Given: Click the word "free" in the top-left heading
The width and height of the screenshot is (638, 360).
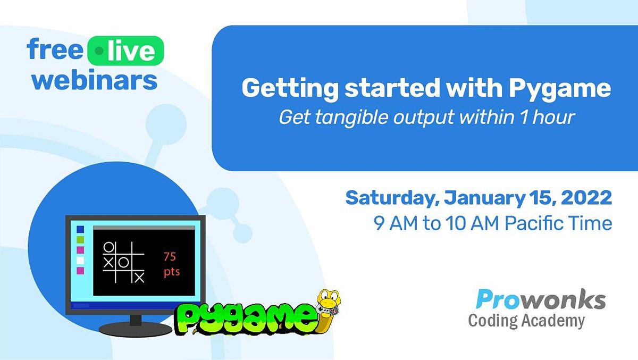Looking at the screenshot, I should click(55, 51).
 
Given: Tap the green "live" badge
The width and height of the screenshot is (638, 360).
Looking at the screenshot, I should click(126, 51).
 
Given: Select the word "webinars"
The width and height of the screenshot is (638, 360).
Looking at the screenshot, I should click(95, 80).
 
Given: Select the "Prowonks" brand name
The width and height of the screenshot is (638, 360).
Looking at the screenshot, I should click(541, 300).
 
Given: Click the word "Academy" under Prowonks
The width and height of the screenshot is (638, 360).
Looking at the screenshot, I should click(556, 321).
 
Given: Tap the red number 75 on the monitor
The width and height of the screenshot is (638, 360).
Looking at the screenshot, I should click(170, 257).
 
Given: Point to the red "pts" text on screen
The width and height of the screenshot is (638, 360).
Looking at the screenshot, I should click(171, 272).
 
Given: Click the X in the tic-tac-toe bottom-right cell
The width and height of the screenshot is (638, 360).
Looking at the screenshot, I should click(139, 277).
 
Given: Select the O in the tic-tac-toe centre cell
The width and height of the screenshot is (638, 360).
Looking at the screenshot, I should click(123, 262).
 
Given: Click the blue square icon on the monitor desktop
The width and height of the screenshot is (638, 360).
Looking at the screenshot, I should click(80, 229).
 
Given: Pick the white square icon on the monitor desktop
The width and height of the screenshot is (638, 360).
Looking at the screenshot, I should click(80, 260).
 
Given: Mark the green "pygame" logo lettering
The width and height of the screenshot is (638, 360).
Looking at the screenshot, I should click(244, 319).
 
